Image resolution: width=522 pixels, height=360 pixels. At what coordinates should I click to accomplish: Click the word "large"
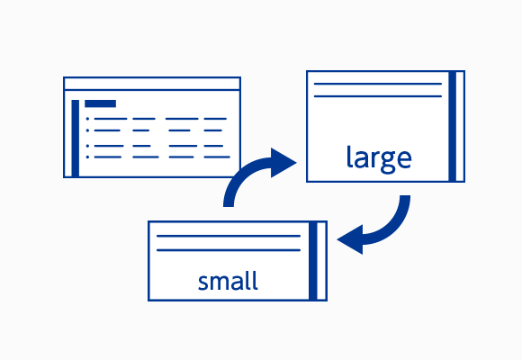tap(379, 159)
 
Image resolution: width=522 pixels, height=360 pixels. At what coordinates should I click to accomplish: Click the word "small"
tap(228, 281)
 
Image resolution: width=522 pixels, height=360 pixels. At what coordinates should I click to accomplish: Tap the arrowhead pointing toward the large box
tap(283, 163)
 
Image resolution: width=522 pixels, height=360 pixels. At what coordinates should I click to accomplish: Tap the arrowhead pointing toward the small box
tap(350, 239)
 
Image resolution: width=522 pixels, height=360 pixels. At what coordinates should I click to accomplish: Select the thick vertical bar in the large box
tap(452, 126)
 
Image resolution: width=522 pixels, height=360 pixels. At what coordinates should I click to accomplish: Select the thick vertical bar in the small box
tap(312, 261)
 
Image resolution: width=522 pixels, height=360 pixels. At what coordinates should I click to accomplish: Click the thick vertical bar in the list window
tap(76, 139)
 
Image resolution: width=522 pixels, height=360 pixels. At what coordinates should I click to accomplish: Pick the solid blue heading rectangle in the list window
tap(100, 103)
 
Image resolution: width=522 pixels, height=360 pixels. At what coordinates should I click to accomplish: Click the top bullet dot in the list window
tap(87, 119)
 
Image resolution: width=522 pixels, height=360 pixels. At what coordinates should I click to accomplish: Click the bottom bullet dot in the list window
tap(87, 157)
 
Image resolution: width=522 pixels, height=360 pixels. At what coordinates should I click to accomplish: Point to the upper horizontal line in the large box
tap(378, 84)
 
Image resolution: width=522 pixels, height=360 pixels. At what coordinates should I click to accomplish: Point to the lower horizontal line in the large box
tap(378, 96)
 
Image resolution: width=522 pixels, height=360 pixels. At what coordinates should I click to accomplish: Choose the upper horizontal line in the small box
tap(229, 236)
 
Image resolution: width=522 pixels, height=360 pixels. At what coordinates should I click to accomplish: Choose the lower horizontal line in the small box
tap(229, 250)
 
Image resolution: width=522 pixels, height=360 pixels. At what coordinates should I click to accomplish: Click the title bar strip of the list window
tap(152, 84)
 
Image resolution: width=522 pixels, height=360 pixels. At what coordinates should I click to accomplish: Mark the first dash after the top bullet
tap(111, 119)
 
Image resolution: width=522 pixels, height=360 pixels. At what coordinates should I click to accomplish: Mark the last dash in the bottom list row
tap(217, 157)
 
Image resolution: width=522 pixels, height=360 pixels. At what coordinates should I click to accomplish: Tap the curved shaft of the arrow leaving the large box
tap(392, 227)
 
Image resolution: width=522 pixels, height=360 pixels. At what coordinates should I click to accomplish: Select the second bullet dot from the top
tap(87, 130)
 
